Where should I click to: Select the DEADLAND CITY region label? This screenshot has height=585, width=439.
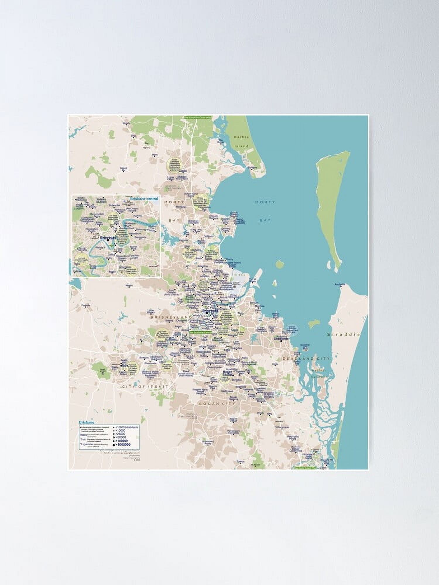[x=306, y=358]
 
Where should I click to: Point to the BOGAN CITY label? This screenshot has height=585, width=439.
[x=217, y=404]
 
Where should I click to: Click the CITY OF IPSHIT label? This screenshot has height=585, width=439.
[x=145, y=386]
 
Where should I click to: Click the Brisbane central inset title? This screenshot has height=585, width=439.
[x=143, y=199]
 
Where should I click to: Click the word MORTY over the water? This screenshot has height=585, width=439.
[x=265, y=202]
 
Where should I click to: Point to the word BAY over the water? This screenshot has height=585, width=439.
[x=265, y=221]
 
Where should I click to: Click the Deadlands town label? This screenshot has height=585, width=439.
[x=282, y=339]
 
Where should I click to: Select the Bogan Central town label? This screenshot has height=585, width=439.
[x=228, y=373]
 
